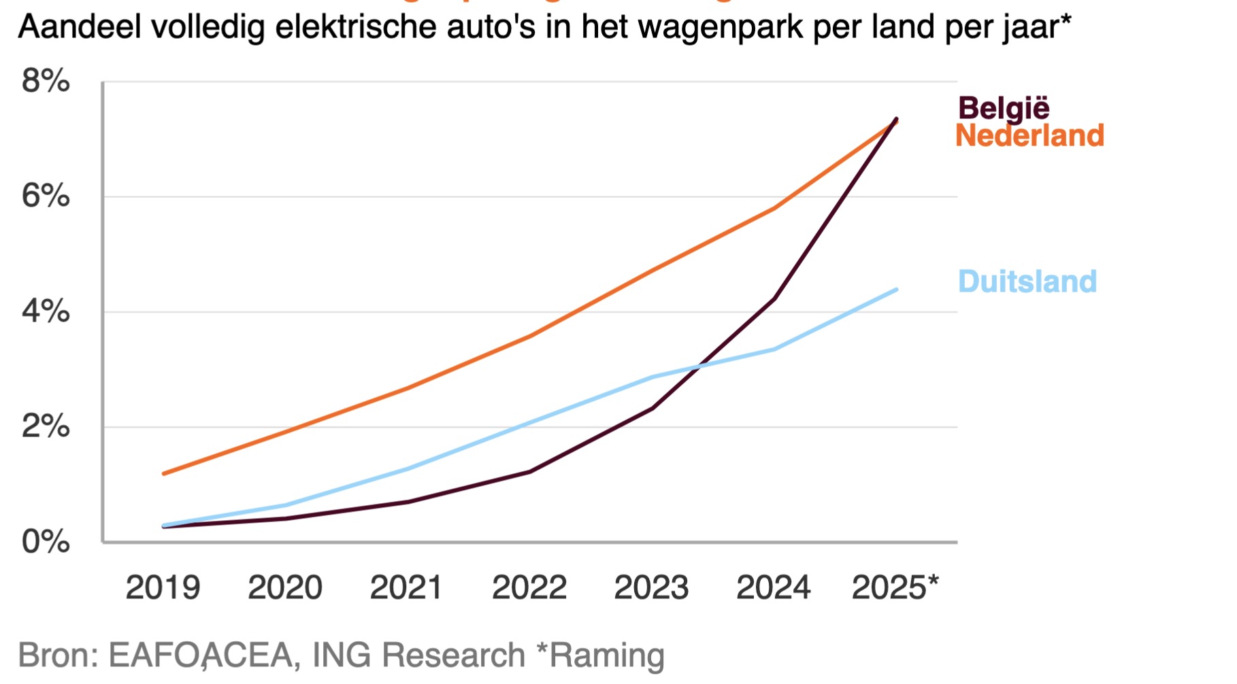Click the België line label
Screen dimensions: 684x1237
tap(1004, 109)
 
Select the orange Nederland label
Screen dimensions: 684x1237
tap(1029, 136)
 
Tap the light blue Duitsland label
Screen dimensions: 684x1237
tap(1027, 281)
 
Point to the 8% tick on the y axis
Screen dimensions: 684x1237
tap(46, 82)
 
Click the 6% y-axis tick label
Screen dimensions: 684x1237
tap(46, 196)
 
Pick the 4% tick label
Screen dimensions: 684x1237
tap(46, 312)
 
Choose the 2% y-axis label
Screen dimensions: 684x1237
tap(46, 427)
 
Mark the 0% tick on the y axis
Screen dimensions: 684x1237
tap(46, 543)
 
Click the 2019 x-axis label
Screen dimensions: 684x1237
tap(163, 587)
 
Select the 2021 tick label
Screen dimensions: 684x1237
tap(406, 587)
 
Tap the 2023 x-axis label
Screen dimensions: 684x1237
tap(651, 587)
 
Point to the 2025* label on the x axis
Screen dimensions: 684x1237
tap(895, 587)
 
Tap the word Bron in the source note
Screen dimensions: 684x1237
tap(59, 655)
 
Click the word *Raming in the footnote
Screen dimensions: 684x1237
tap(600, 655)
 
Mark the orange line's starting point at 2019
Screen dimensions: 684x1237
tap(163, 473)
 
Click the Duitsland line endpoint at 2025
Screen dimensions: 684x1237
tap(896, 290)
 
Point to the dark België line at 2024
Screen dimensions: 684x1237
tap(774, 298)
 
